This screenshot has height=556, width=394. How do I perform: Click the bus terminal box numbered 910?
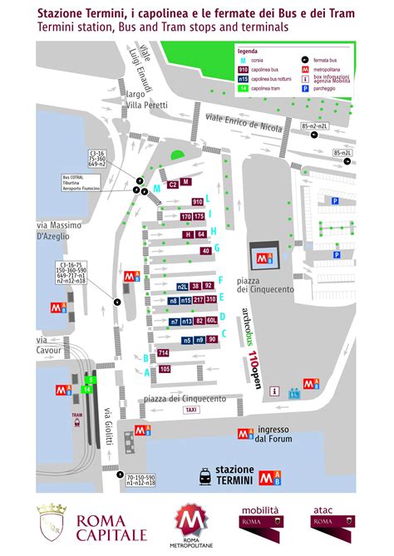198,202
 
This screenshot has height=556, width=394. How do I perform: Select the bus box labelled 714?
164,353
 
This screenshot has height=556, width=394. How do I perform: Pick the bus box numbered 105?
165,368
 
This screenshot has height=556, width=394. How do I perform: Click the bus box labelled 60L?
212,320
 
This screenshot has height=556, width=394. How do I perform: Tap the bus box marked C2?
173,185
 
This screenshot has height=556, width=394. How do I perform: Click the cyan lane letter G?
217,248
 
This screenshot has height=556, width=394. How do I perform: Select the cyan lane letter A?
146,372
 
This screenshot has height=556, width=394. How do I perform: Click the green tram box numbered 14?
86,388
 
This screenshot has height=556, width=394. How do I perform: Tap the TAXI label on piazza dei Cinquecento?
191,410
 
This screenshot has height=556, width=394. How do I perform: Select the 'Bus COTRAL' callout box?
81,182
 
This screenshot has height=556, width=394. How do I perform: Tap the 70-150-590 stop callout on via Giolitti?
140,480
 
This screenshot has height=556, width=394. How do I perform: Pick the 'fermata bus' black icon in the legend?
306,61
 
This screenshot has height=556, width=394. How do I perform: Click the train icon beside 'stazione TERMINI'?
204,475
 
